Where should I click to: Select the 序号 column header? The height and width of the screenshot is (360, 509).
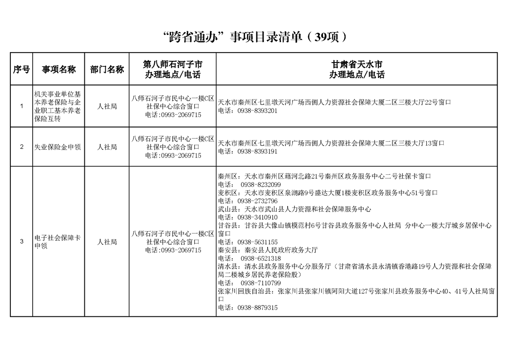(21, 69)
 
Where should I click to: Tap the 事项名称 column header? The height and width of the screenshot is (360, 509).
(59, 69)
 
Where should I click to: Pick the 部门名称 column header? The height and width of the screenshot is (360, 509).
(107, 69)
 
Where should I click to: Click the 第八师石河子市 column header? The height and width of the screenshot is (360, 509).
(172, 69)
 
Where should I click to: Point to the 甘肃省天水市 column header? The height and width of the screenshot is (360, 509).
(357, 69)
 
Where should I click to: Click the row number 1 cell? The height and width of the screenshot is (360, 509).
(21, 106)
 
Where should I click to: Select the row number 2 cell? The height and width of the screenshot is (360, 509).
(21, 147)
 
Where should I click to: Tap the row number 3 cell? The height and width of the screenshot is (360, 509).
(21, 242)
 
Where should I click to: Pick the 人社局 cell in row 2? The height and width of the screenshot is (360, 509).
(107, 147)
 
